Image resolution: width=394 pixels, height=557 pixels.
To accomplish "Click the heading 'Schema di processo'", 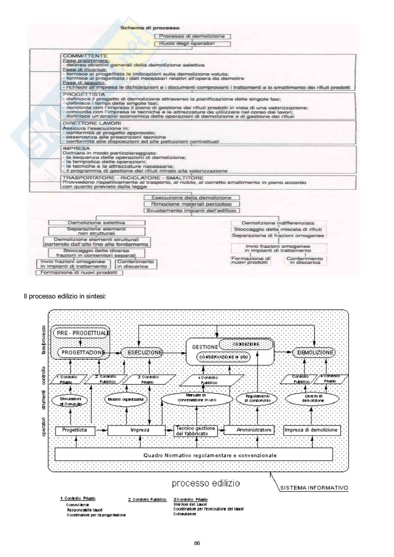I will coord(150,28).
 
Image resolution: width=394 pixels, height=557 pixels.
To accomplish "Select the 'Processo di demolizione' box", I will coord(192,36).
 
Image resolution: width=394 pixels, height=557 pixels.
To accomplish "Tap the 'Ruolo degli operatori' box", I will coord(192,44).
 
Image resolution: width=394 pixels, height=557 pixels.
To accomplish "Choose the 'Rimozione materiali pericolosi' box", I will coord(192,204).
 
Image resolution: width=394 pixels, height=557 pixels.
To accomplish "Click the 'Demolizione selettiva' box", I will coord(96,223).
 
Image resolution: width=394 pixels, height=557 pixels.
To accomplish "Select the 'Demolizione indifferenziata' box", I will coord(278,223).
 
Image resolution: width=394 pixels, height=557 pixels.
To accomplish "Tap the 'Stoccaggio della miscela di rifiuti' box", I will coord(279,229).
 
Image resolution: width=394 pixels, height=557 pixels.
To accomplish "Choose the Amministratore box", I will coord(254,430).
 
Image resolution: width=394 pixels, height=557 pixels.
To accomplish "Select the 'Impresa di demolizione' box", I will coord(311,430).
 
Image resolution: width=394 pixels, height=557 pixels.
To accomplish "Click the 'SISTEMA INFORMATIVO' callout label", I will coord(314,488).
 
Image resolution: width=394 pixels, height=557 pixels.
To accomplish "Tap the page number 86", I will coord(197,543).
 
